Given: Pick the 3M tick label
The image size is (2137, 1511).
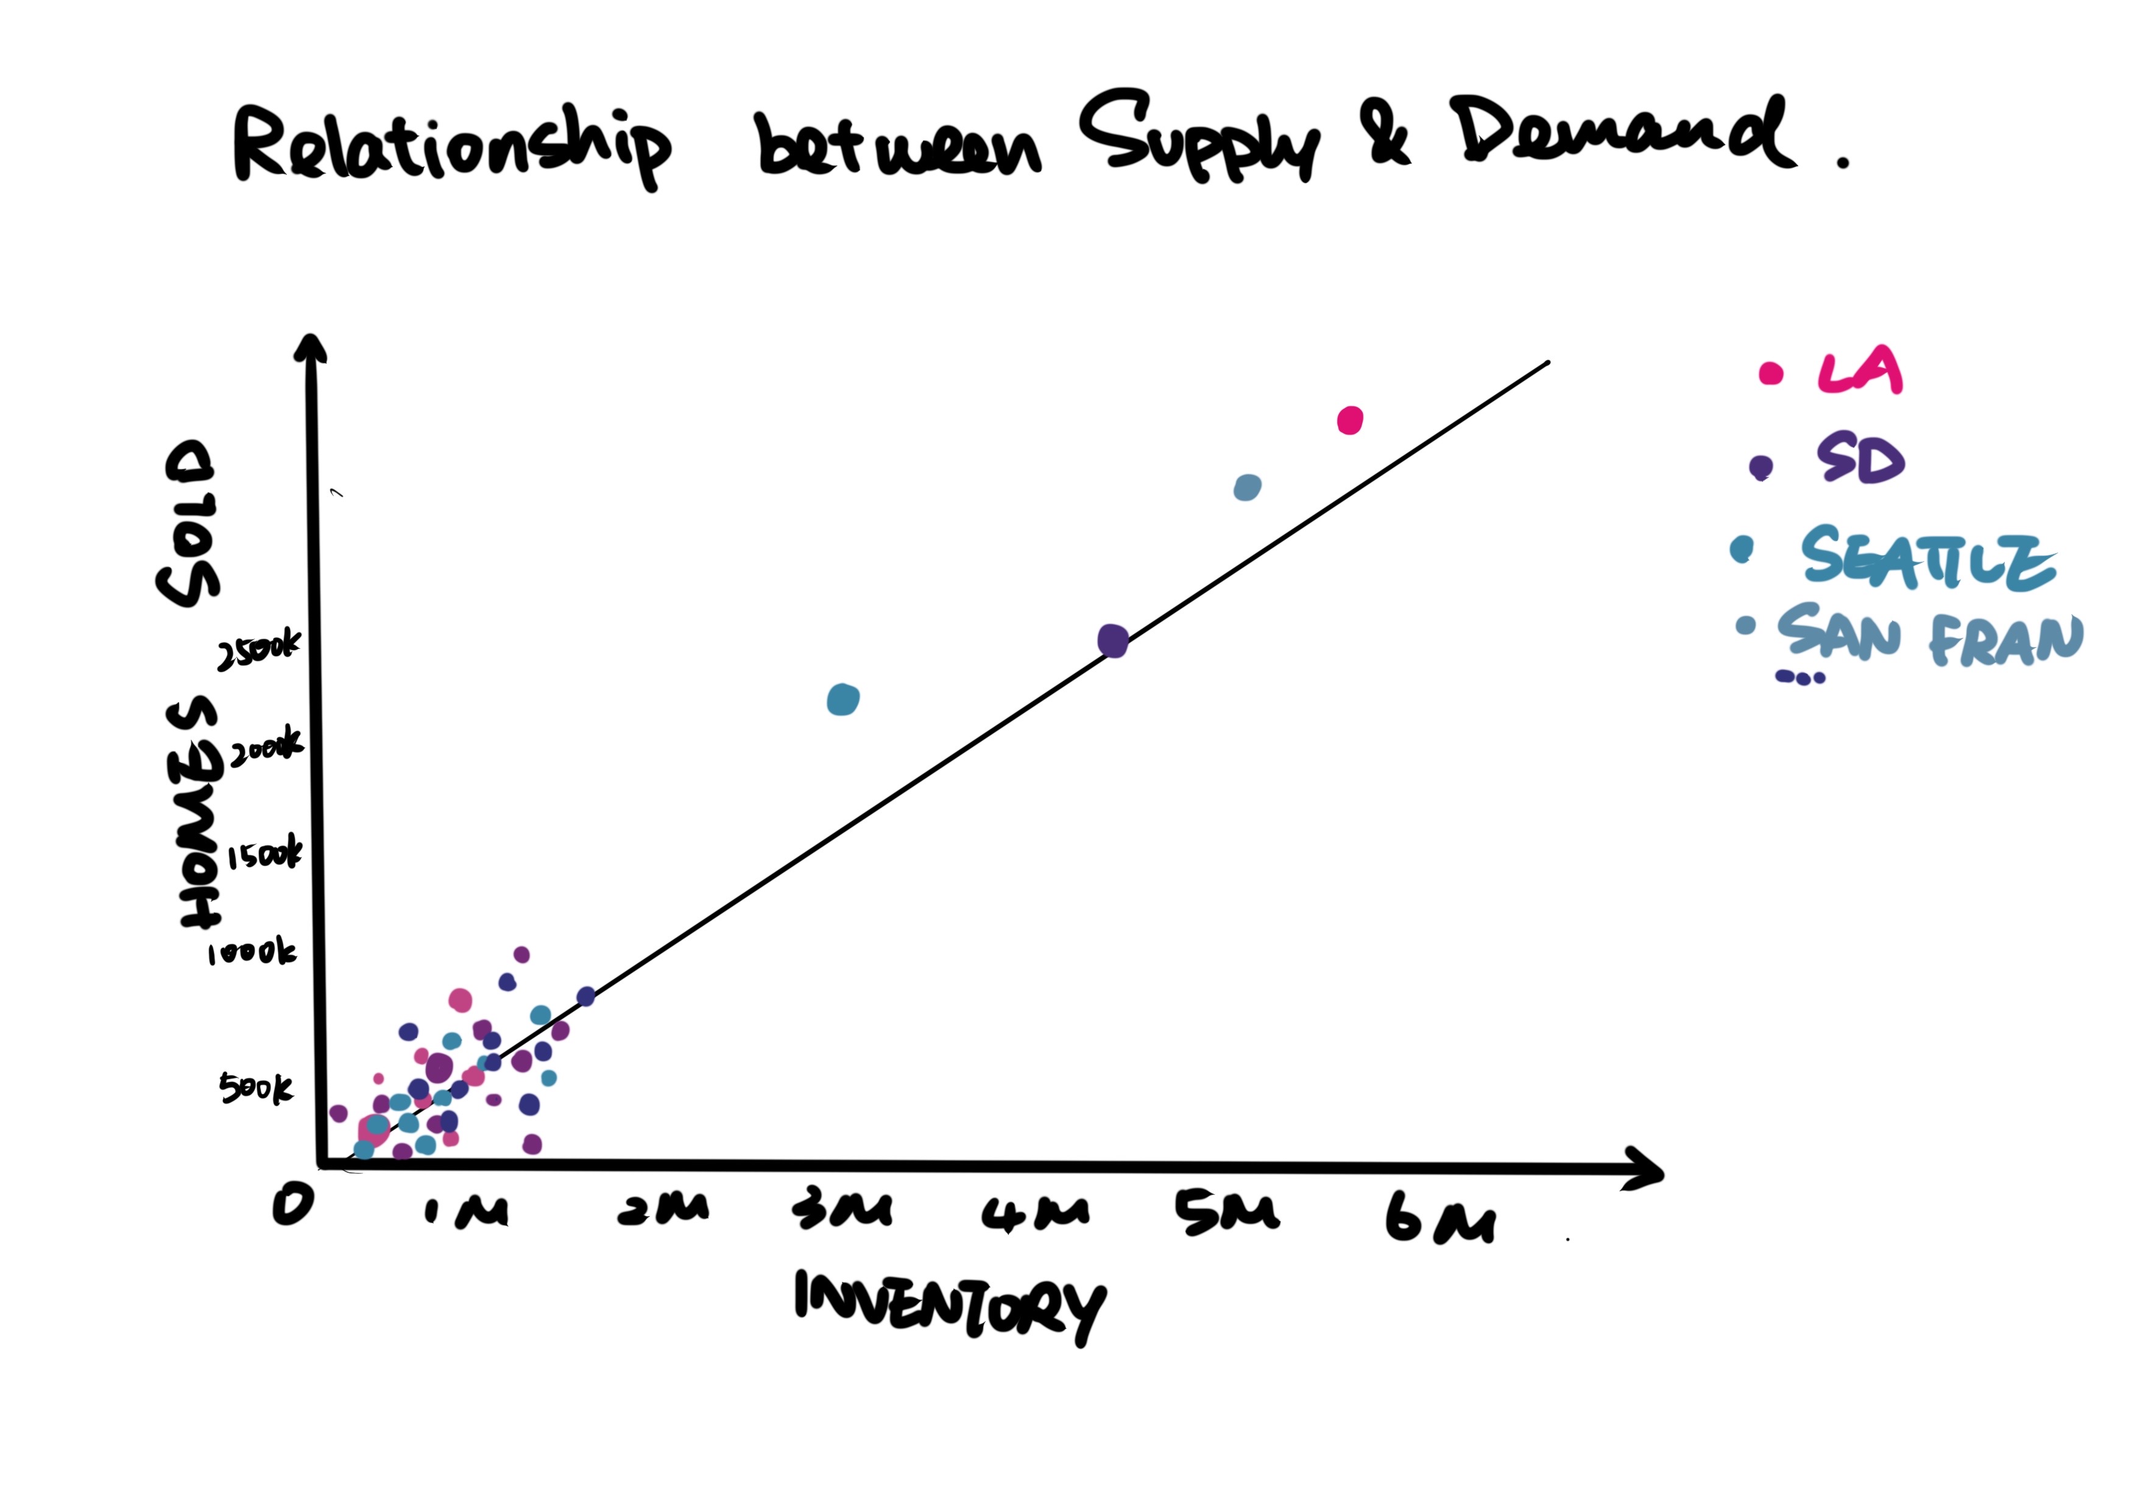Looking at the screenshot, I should [842, 1209].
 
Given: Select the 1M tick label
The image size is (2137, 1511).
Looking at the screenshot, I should [465, 1209].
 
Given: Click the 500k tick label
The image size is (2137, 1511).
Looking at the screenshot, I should [256, 1088].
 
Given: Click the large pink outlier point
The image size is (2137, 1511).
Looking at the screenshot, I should [1349, 421].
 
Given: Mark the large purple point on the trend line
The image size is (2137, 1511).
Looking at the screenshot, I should [1113, 640].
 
